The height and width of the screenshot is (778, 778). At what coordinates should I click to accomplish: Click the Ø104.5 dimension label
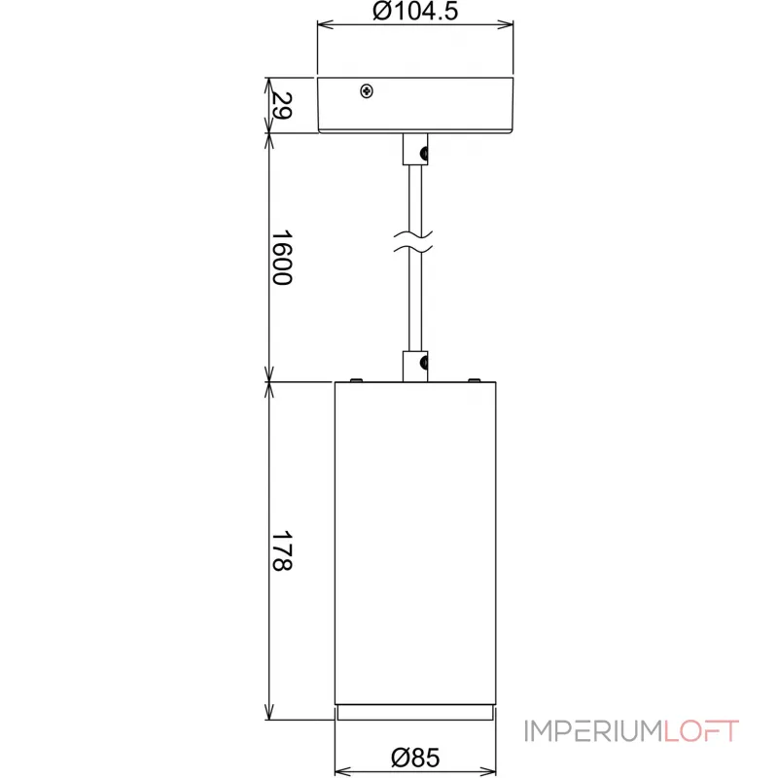[x=415, y=13]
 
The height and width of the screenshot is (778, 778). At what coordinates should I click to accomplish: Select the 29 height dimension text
[x=281, y=105]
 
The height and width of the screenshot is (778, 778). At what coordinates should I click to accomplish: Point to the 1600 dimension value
[x=281, y=258]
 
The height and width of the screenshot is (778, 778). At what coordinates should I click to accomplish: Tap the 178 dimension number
[x=281, y=550]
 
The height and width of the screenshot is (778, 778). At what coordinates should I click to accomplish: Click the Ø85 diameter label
[x=415, y=757]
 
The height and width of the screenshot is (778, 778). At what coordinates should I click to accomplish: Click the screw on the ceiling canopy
[x=367, y=90]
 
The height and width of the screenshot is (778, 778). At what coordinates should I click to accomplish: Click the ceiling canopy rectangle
[x=415, y=103]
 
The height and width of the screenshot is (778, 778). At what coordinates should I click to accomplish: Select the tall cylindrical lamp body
[x=415, y=540]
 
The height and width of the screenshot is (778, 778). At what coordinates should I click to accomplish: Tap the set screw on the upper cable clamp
[x=423, y=152]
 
